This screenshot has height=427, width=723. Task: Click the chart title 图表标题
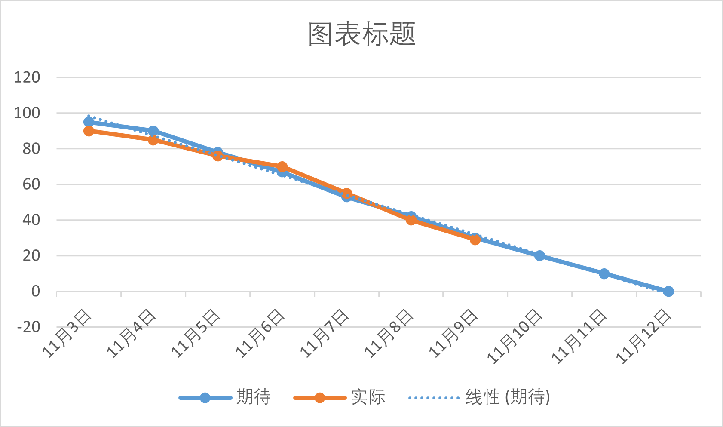pos(362,34)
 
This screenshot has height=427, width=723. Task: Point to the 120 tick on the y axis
pos(27,77)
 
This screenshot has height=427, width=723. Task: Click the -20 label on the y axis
pos(28,327)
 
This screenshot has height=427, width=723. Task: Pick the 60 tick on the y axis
pos(31,184)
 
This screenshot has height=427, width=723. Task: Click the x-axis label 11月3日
pos(67,334)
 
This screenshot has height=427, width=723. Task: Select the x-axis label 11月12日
pos(643,337)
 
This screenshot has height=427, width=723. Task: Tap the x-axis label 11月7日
pos(325,334)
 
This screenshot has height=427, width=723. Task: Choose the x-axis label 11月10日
pos(515,337)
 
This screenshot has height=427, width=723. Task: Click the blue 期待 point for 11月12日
pos(668,291)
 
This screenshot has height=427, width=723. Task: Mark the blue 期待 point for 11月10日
pos(539,255)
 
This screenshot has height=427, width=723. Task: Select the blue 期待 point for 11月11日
pos(604,273)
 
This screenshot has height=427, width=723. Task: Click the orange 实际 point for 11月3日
pos(89,131)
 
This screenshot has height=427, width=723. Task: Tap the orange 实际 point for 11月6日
pos(282,166)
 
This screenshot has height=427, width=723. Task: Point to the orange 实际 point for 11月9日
pos(475,240)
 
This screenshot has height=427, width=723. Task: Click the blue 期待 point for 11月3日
pos(89,122)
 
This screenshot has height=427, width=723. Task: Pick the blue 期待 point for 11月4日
pos(153,131)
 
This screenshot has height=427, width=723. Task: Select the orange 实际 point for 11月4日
pos(153,140)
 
